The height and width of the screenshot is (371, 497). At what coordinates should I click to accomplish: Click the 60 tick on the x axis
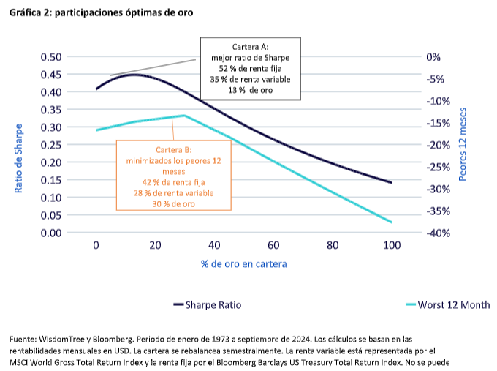273,246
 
